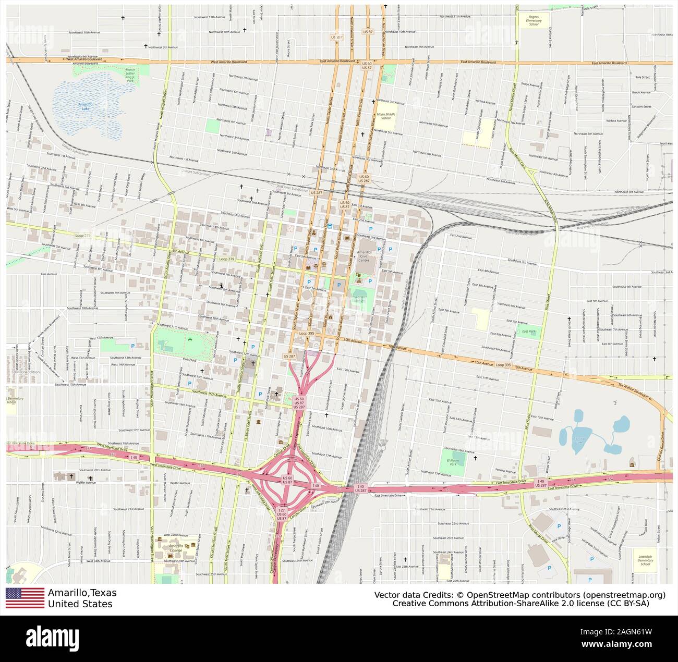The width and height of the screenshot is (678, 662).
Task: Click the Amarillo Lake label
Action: [86, 106]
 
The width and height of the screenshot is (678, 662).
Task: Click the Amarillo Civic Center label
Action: [364, 255]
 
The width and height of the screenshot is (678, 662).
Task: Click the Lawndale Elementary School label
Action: [645, 560]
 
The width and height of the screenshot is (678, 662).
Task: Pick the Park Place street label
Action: [189, 360]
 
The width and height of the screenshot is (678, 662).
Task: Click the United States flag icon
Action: [25, 598]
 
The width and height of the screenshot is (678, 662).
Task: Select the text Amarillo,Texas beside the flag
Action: [82, 593]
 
